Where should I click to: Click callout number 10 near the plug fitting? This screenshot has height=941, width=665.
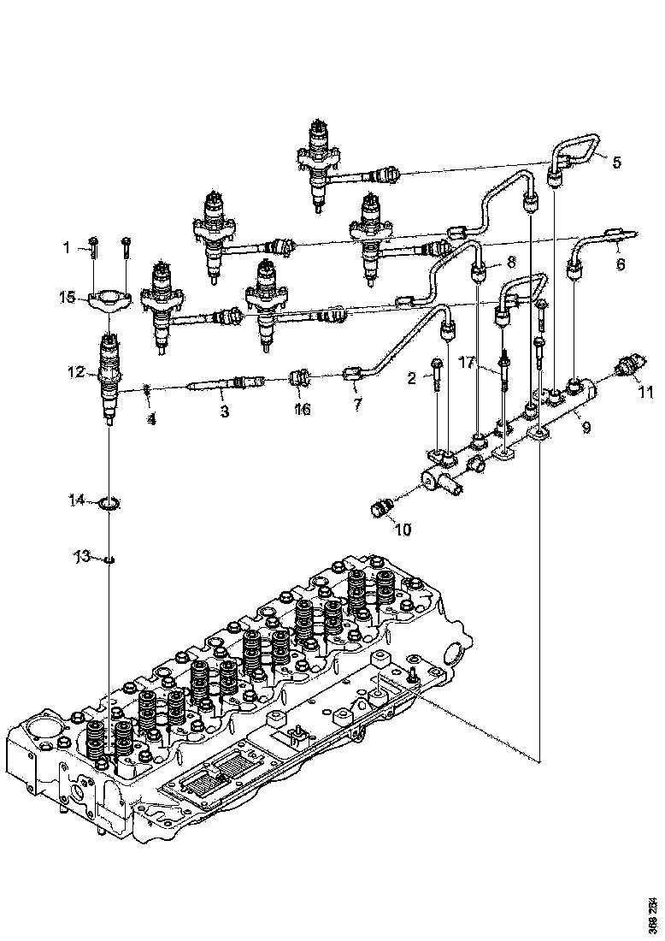point(403,530)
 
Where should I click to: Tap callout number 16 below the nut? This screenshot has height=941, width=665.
point(302,410)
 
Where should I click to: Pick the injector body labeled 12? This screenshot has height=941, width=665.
point(109,376)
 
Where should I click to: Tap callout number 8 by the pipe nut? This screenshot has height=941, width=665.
point(510,262)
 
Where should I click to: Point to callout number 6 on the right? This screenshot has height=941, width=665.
point(621,264)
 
